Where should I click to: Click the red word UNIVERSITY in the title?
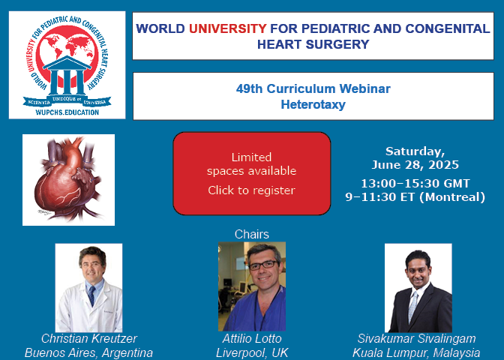point(227,28)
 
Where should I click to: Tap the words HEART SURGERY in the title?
point(313,44)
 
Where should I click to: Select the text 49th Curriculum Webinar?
point(313,88)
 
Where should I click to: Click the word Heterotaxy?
point(313,104)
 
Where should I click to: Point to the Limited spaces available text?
point(252,164)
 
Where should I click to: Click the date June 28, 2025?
point(415,165)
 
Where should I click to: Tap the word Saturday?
point(414,151)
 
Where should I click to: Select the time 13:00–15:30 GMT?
point(415,184)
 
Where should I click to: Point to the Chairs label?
point(252,234)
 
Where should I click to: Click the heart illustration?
point(68,180)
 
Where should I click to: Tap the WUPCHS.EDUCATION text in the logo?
point(67,112)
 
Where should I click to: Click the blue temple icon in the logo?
point(67,75)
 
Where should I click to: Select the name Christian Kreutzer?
point(89,338)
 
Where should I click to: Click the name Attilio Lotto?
point(252,338)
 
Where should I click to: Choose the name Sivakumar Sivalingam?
point(416,338)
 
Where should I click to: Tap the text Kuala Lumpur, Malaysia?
point(416,352)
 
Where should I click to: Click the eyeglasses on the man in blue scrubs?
point(262,265)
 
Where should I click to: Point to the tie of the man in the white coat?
point(92,295)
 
